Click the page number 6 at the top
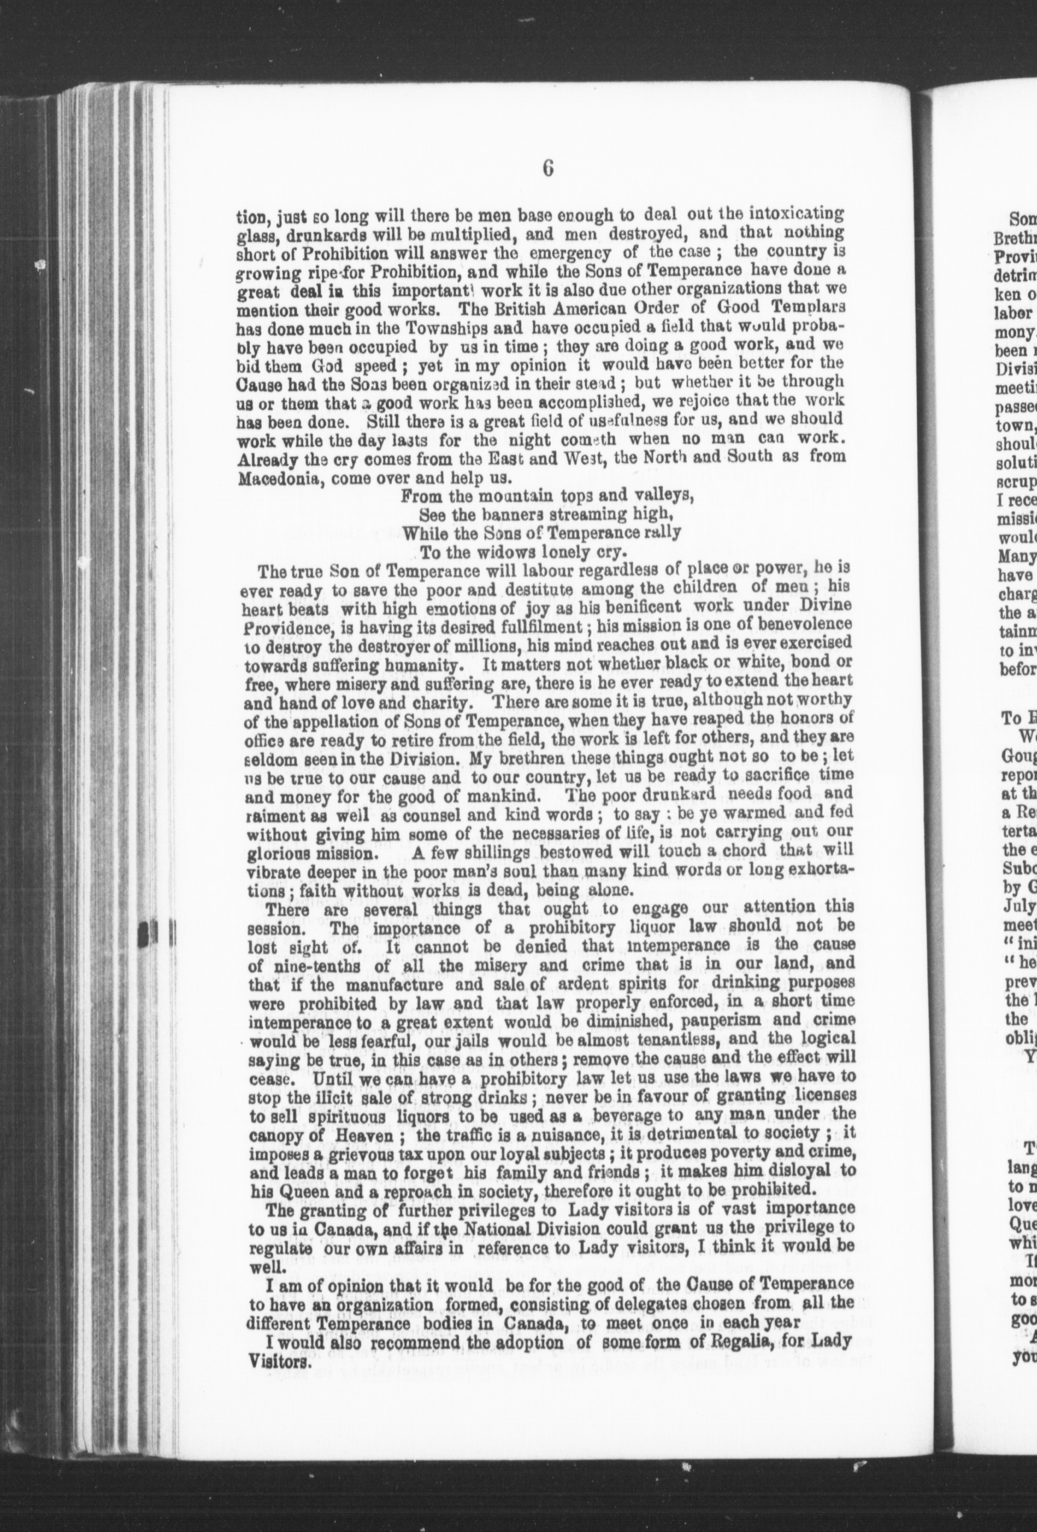pyautogui.click(x=548, y=169)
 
